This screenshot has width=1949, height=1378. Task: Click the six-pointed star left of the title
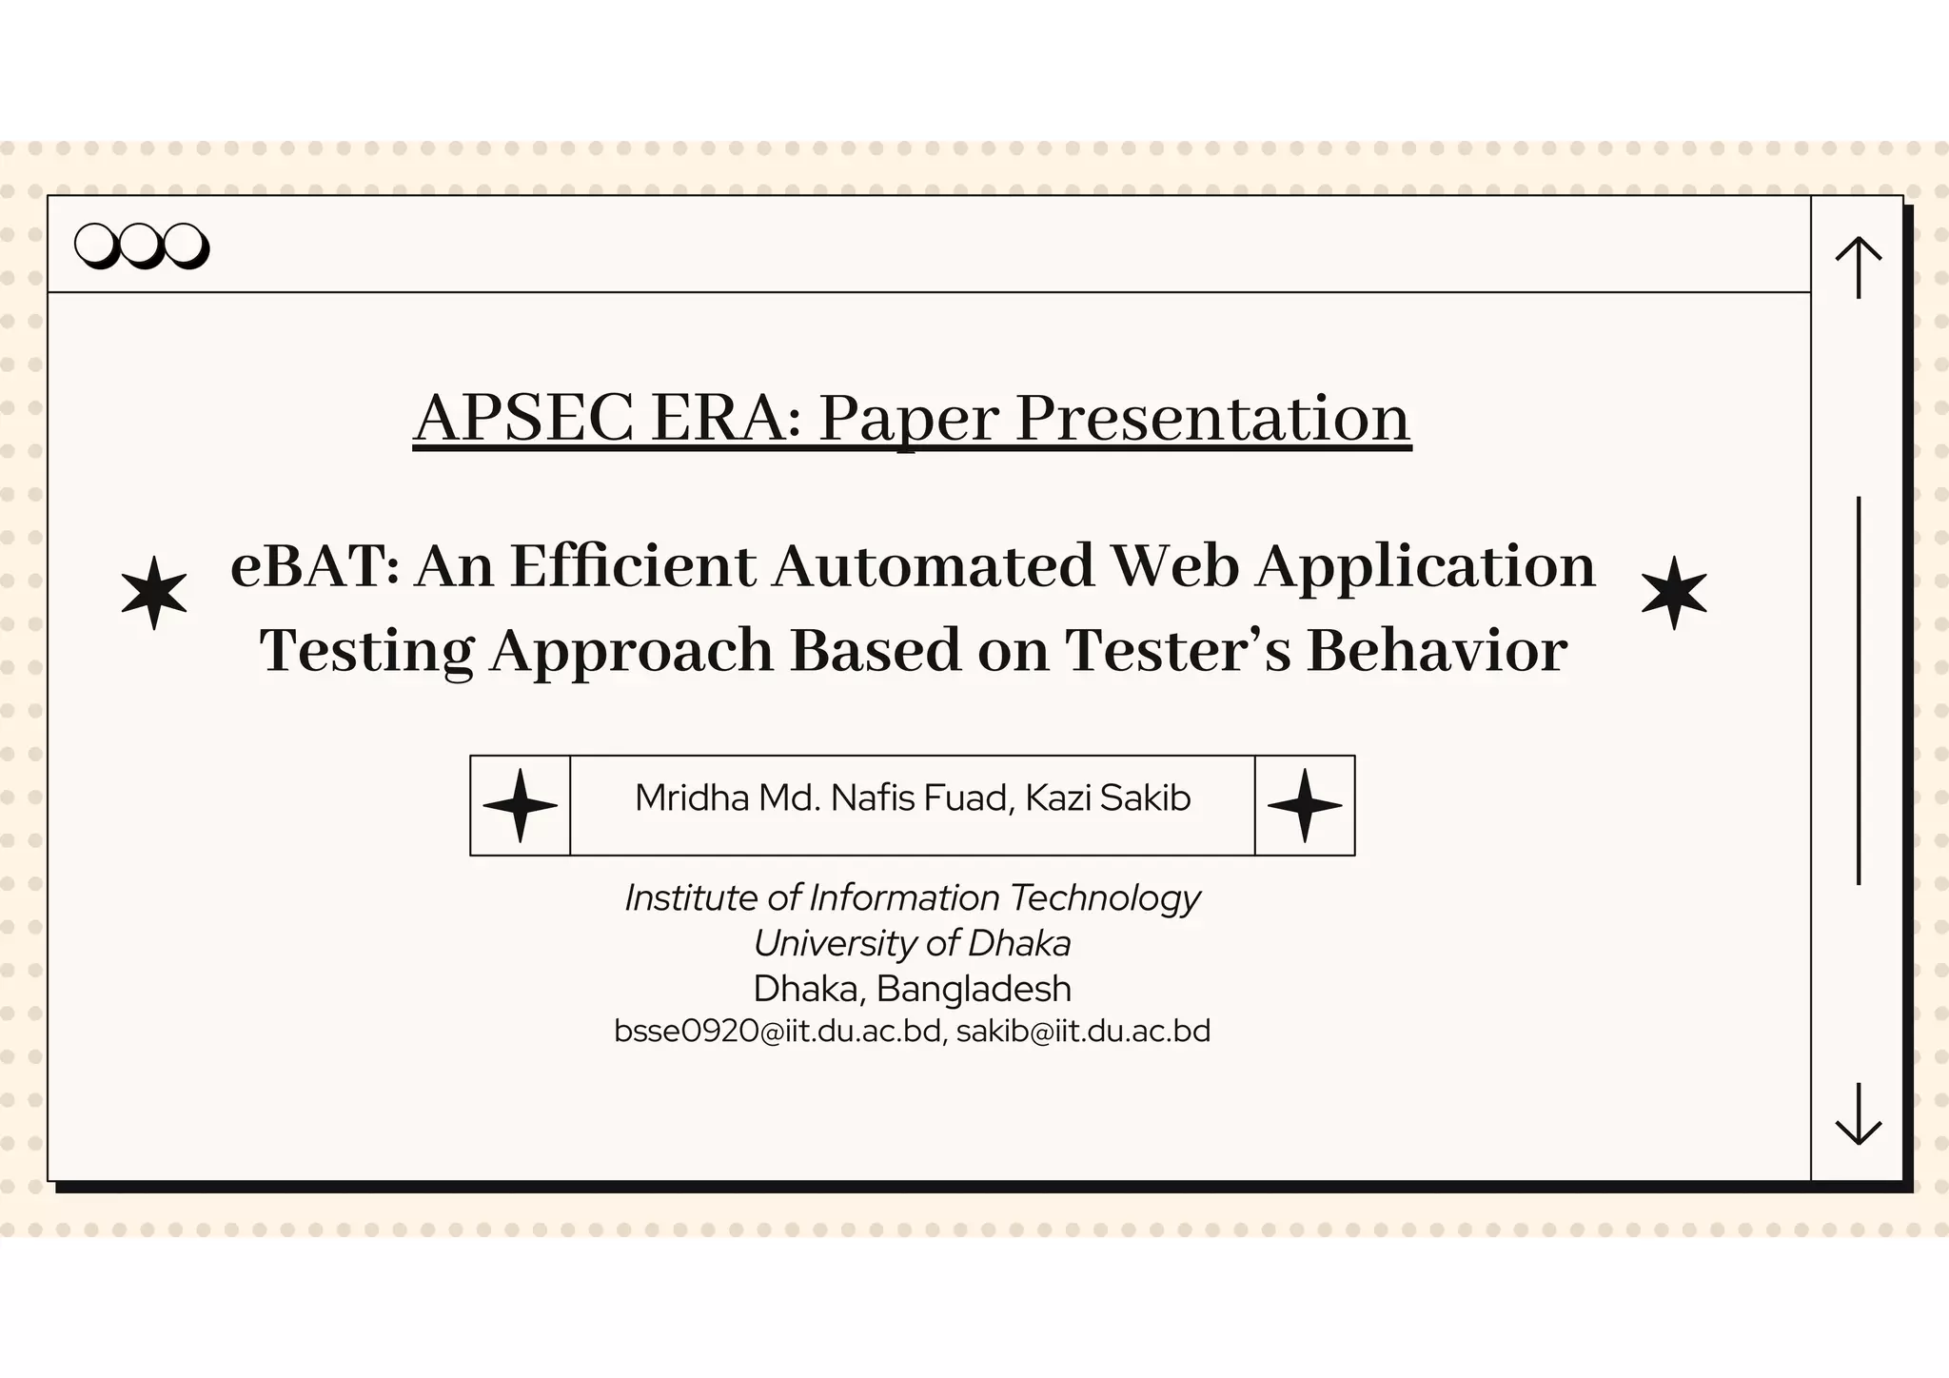154,593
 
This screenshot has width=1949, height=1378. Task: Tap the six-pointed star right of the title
1674,593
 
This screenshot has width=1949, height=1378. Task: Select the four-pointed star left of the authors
520,805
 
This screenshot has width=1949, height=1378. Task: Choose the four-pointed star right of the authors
1305,805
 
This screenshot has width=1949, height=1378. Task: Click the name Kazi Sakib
1108,797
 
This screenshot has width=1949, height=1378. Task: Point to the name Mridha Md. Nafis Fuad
821,797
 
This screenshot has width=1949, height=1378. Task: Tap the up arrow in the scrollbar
1858,266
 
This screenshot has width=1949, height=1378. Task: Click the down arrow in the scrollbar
1858,1114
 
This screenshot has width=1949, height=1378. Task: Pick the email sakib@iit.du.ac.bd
1083,1032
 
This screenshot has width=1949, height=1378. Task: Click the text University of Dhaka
912,943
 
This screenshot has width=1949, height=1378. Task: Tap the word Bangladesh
974,989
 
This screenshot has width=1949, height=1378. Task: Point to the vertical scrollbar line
1858,690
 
